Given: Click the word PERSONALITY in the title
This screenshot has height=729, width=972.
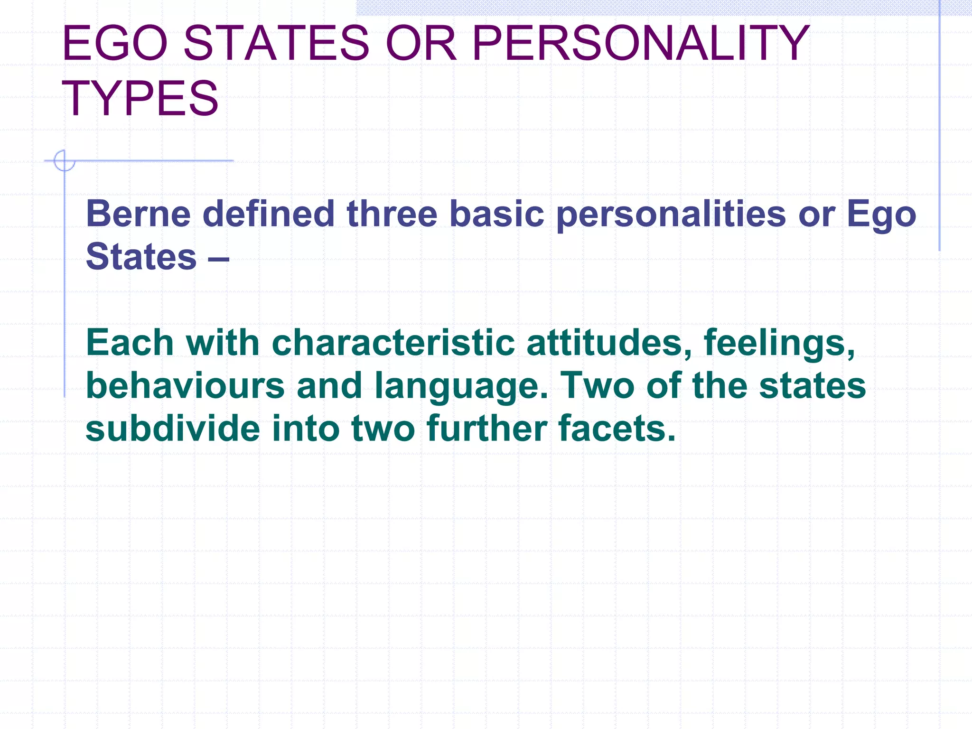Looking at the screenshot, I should (x=640, y=44).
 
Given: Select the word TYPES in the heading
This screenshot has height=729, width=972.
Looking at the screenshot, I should (x=140, y=99).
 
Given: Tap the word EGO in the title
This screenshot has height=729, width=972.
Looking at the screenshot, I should (x=115, y=44).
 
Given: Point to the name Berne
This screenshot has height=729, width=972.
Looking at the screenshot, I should (x=138, y=214).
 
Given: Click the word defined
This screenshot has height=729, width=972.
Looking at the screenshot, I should (x=269, y=214).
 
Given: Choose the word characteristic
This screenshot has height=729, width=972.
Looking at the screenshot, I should (x=393, y=343).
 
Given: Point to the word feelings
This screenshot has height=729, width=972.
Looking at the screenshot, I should (x=779, y=344).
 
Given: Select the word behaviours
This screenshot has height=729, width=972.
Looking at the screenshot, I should (x=185, y=385).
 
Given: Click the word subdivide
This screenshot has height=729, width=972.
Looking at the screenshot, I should (x=173, y=428).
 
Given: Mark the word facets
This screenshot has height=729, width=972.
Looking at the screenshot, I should (x=617, y=428).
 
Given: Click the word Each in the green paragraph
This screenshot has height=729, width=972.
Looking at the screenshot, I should (x=130, y=343).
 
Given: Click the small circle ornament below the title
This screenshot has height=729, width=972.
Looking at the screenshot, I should (x=64, y=160).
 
